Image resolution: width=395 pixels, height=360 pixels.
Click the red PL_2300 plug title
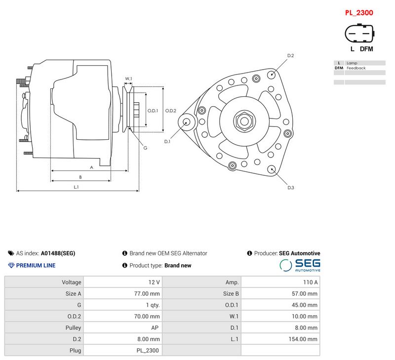click(359, 13)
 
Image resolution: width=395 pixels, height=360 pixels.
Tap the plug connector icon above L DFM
click(359, 33)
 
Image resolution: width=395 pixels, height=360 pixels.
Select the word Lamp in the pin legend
click(352, 63)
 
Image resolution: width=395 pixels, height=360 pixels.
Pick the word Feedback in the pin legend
click(356, 68)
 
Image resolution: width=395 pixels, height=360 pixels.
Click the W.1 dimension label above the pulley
click(128, 79)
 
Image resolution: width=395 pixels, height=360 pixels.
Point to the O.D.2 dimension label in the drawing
click(170, 111)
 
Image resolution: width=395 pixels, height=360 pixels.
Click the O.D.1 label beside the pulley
click(153, 111)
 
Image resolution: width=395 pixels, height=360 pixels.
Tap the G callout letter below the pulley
click(145, 148)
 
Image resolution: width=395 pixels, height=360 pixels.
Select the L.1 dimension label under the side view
click(76, 187)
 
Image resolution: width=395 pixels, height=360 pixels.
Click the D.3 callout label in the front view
click(291, 188)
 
